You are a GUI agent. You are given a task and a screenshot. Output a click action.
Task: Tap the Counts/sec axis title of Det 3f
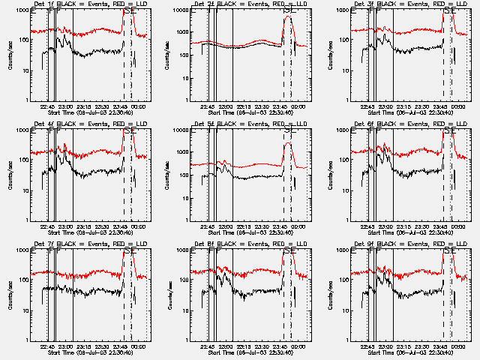click(x=328, y=55)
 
